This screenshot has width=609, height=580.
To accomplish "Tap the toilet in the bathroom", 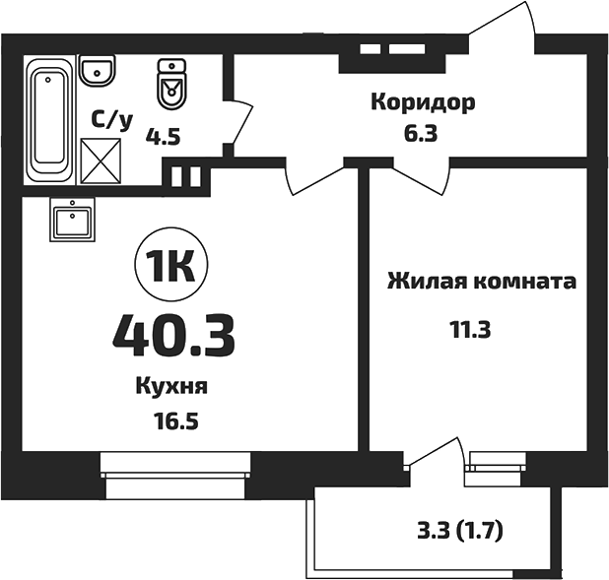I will click(172, 85).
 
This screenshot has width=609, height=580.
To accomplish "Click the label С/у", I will click(111, 120).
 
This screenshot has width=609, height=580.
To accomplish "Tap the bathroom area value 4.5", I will click(164, 137).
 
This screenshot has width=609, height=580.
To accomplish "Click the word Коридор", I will click(423, 101).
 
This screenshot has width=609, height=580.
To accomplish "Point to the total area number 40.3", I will click(173, 334).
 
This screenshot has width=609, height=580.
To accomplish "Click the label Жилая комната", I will click(481, 282).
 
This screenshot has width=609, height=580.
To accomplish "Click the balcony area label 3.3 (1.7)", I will click(459, 534).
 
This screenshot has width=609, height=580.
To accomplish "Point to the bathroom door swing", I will click(239, 123).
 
